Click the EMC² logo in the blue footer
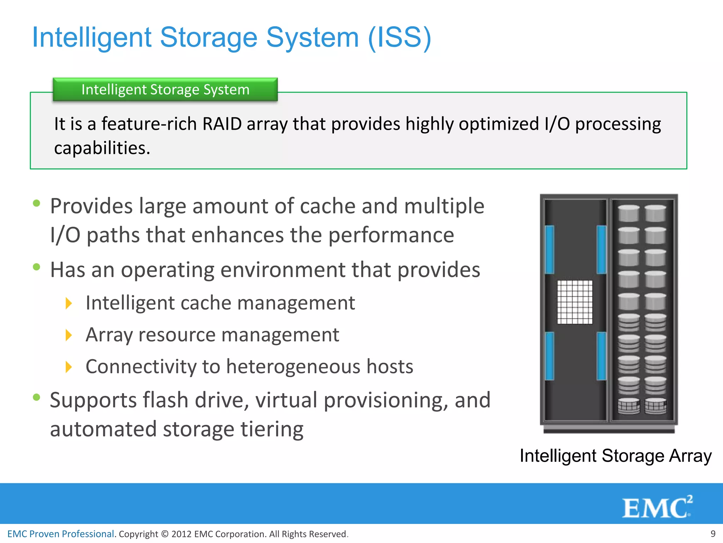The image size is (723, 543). pyautogui.click(x=657, y=508)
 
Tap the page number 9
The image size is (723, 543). pyautogui.click(x=713, y=533)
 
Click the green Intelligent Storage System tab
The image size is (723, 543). pyautogui.click(x=165, y=89)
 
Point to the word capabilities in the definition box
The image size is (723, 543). pyautogui.click(x=102, y=148)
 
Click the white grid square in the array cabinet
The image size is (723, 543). pyautogui.click(x=575, y=302)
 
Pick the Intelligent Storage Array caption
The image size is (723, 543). pyautogui.click(x=615, y=456)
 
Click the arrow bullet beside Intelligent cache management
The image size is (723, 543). pyautogui.click(x=69, y=303)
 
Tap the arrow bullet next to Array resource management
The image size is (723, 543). pyautogui.click(x=69, y=335)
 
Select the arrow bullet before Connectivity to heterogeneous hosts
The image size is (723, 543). pyautogui.click(x=69, y=367)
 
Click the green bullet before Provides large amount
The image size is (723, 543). pyautogui.click(x=36, y=203)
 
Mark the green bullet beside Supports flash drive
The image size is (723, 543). pyautogui.click(x=36, y=397)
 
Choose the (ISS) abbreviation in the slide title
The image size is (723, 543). pyautogui.click(x=399, y=37)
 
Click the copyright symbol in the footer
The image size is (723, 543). pyautogui.click(x=165, y=534)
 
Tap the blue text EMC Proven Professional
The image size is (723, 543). pyautogui.click(x=61, y=534)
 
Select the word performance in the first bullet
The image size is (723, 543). pyautogui.click(x=391, y=235)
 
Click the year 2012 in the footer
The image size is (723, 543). pyautogui.click(x=181, y=534)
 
